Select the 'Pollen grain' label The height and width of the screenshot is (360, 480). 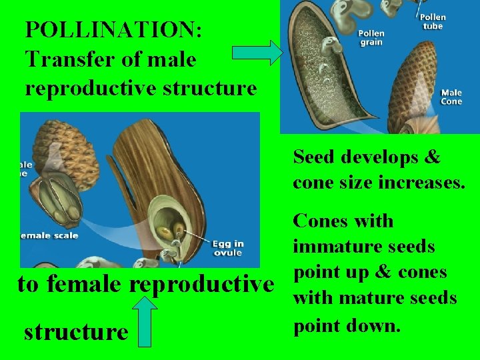(x=371, y=37)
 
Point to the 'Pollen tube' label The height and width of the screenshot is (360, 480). (x=433, y=21)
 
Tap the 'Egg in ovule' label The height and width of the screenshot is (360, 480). (x=227, y=247)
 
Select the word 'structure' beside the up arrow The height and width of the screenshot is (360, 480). (x=75, y=331)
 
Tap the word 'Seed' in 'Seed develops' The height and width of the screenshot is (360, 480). (x=315, y=157)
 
